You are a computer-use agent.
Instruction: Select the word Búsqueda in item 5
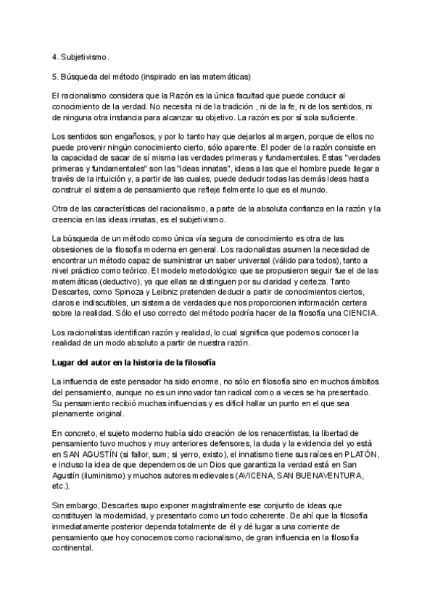pyautogui.click(x=81, y=76)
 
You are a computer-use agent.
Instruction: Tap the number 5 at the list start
pyautogui.click(x=54, y=76)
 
